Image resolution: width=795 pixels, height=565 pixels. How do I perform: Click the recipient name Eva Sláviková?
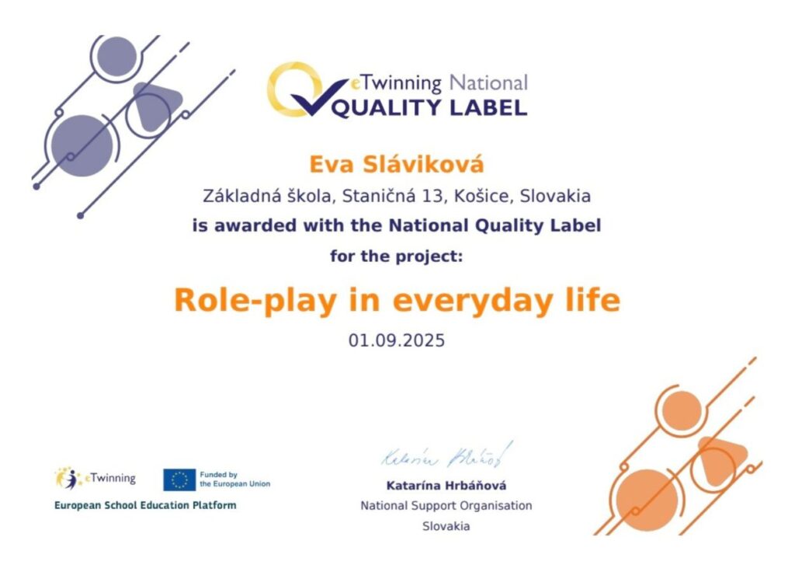[x=397, y=165]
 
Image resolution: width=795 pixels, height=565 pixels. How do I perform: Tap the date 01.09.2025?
[x=397, y=340]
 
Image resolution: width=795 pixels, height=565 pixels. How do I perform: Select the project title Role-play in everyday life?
[x=397, y=301]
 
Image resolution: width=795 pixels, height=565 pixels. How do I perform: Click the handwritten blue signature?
[x=447, y=455]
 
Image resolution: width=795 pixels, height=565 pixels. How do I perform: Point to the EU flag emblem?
[x=179, y=480]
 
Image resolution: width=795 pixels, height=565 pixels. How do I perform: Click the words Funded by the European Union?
[x=234, y=480]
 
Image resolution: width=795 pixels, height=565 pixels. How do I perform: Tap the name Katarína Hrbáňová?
[x=446, y=486]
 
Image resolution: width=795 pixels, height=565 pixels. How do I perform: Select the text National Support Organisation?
[x=446, y=506]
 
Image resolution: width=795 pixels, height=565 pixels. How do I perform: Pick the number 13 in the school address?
[x=432, y=196]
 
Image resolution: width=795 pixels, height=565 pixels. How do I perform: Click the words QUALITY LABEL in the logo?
[x=430, y=107]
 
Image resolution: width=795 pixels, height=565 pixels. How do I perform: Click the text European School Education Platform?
[x=145, y=506]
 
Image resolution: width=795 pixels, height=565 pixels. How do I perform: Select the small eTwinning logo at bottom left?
[x=95, y=479]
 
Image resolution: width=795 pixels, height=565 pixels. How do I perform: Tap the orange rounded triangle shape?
[x=721, y=459]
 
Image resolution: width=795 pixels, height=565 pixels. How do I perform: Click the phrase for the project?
[x=397, y=256]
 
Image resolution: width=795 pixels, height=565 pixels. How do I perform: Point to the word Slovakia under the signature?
[x=446, y=526]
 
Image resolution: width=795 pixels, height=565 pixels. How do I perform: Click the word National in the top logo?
[x=489, y=82]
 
